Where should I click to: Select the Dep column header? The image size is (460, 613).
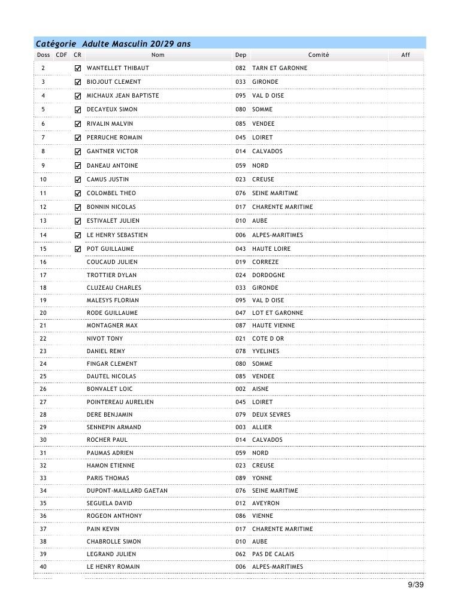pyautogui.click(x=240, y=55)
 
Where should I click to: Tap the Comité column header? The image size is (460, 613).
pyautogui.click(x=319, y=55)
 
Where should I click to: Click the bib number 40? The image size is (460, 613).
pyautogui.click(x=43, y=567)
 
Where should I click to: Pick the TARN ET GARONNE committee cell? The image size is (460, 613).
pyautogui.click(x=280, y=68)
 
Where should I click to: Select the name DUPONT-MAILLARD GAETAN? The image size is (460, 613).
pyautogui.click(x=127, y=491)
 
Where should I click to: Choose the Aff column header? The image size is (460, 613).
pyautogui.click(x=405, y=55)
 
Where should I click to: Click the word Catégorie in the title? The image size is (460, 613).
pyautogui.click(x=56, y=43)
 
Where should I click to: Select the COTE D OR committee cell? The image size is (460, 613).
pyautogui.click(x=268, y=339)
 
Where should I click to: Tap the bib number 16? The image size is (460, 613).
pyautogui.click(x=43, y=262)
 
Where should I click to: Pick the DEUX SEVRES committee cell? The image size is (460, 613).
pyautogui.click(x=271, y=415)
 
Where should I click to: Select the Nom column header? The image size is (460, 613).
pyautogui.click(x=158, y=55)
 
